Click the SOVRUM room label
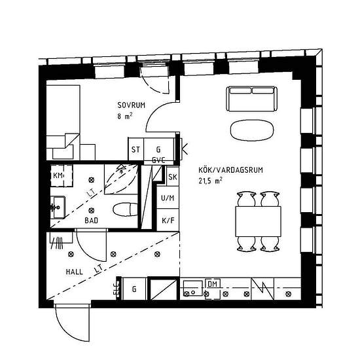coord(132,105)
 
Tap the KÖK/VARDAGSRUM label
coord(230,170)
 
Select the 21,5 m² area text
coord(210,181)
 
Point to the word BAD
coord(92,221)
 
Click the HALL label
coord(75,272)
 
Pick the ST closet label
coord(135,150)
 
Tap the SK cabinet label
coord(173,177)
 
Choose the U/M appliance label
coord(168,198)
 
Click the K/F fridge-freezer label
coord(168,221)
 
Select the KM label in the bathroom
coord(58,175)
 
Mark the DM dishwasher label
coord(212,284)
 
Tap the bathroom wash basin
coord(58,207)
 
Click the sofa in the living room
coord(251,99)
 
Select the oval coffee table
coord(252,130)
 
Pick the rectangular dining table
coord(259,221)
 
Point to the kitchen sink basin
coord(193,288)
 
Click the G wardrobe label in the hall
coord(134,289)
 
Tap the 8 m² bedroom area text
coord(124,116)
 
